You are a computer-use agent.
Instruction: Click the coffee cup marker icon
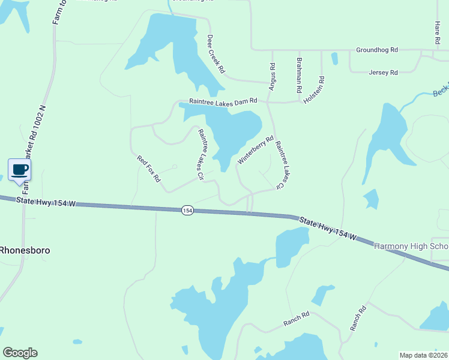click(19, 170)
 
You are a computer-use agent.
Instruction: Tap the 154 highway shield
click(187, 210)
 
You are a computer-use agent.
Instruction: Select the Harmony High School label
click(411, 247)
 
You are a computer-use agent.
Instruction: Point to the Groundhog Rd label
click(377, 50)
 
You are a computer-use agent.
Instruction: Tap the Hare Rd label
click(437, 33)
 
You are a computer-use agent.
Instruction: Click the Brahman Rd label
click(298, 75)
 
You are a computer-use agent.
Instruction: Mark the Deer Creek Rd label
click(215, 54)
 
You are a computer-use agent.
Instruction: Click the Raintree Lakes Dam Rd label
click(223, 102)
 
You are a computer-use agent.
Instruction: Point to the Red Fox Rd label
click(149, 169)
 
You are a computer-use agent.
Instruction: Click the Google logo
click(20, 353)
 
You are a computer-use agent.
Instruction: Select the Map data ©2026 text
click(423, 355)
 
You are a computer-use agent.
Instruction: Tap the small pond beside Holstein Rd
click(334, 59)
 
